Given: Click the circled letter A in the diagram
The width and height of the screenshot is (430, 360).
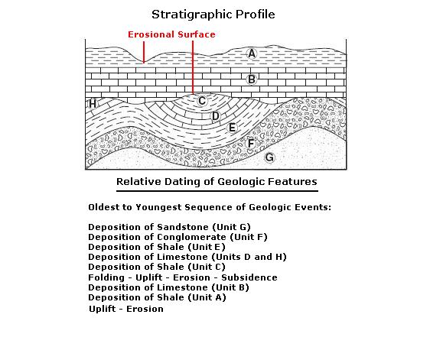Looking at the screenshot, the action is point(252,54).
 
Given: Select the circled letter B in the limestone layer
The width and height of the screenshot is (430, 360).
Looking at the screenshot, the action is point(252,79).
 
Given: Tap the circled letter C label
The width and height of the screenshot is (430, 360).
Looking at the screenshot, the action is point(202,101).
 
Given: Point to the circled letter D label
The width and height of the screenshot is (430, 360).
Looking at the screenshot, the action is point(216,116).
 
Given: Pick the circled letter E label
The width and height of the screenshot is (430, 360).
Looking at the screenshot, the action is point(232,128).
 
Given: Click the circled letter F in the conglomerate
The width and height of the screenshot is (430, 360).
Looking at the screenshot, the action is point(250,144).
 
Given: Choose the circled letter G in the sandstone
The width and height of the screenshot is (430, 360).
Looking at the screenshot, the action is point(269,157).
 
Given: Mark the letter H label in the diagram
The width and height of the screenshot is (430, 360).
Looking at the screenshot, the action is point(93,104).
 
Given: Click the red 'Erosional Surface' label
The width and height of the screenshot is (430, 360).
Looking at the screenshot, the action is point(171,34).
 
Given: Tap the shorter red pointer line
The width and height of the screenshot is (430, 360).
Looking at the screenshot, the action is point(143,52).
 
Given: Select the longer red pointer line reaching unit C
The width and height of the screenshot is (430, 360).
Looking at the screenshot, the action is point(193,67).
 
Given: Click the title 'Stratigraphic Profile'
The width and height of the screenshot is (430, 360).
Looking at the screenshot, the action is point(213,15).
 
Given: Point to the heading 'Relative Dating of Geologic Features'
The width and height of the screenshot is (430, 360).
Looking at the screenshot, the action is point(217,182).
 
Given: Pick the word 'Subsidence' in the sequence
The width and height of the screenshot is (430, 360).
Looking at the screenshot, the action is point(249,277).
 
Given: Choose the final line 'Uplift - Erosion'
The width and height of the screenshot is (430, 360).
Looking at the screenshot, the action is point(126,309).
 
